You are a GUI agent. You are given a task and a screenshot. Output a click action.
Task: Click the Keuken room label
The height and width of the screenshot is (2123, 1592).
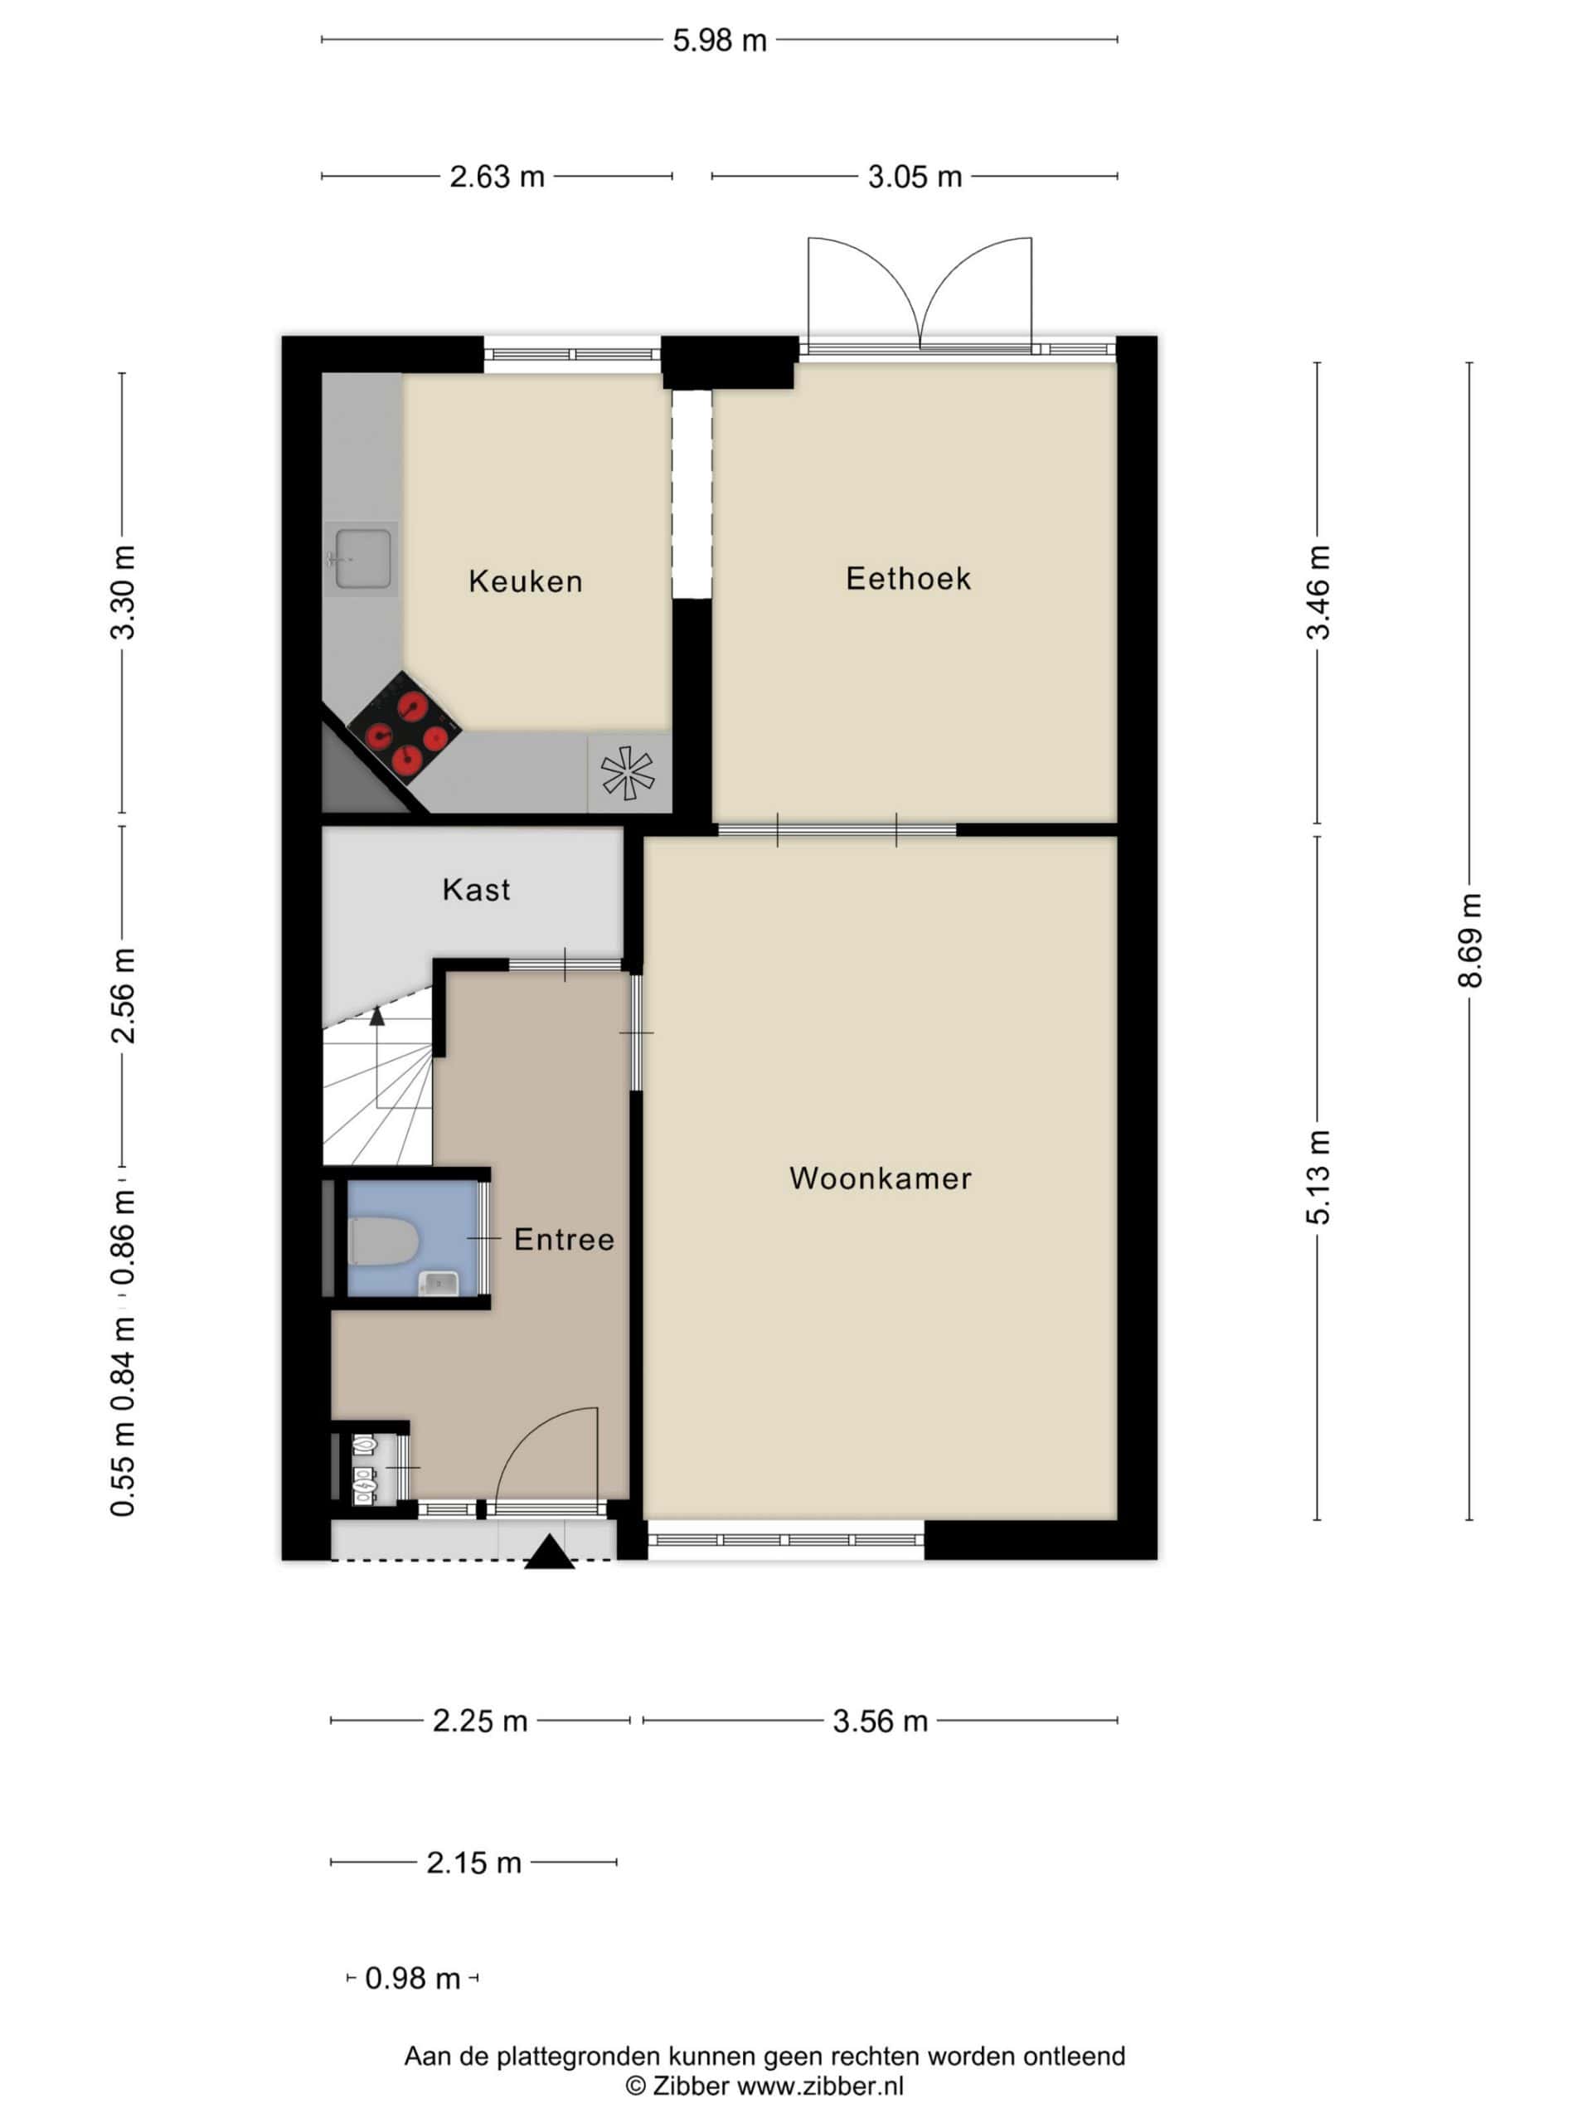[525, 581]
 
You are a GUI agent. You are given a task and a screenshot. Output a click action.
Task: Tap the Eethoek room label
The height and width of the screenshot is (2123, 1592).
[908, 578]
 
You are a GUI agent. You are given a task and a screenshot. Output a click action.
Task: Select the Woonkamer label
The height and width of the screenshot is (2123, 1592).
[880, 1178]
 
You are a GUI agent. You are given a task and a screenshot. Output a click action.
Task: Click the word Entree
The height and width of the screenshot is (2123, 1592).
[563, 1238]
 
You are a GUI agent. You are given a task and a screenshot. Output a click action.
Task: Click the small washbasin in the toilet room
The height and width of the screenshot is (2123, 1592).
[439, 1281]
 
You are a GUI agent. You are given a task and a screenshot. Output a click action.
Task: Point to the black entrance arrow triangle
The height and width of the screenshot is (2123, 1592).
[550, 1552]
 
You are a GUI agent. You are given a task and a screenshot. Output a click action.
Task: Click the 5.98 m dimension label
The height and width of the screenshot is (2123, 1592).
[719, 41]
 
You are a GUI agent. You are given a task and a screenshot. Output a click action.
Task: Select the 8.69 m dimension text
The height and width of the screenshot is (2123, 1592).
[1469, 940]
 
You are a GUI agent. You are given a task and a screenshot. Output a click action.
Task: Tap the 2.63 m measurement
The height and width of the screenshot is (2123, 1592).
[497, 177]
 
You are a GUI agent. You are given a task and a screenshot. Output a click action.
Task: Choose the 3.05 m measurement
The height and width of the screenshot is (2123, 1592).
[915, 177]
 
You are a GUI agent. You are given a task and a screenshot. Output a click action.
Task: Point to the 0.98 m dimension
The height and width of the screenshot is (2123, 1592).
[413, 1978]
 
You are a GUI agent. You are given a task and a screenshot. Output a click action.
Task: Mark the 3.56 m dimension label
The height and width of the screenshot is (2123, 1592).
[880, 1721]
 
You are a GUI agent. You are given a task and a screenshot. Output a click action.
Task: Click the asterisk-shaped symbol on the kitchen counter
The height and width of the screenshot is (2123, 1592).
[628, 774]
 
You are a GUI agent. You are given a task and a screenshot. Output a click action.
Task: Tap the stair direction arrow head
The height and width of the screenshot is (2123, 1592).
[377, 1014]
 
